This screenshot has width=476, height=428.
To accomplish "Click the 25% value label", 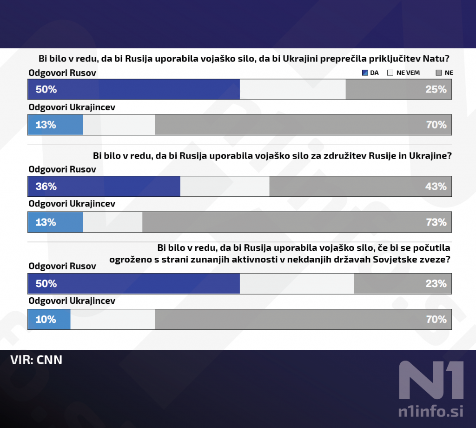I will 436,89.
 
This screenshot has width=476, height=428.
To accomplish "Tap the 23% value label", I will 436,283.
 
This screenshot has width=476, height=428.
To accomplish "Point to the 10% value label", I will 46,319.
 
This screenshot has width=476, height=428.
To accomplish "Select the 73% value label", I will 436,222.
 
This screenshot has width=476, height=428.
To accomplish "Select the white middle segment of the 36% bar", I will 225,187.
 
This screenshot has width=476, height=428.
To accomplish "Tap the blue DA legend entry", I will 370,73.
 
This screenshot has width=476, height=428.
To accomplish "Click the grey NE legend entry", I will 444,73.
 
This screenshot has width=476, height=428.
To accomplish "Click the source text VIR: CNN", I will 36,360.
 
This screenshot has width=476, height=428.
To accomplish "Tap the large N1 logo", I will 431,380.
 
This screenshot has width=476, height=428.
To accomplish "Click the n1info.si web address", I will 431,411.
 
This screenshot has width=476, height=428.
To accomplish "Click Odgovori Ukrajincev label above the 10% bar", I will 72,301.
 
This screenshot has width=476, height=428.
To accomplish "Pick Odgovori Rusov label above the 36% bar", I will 62,169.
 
